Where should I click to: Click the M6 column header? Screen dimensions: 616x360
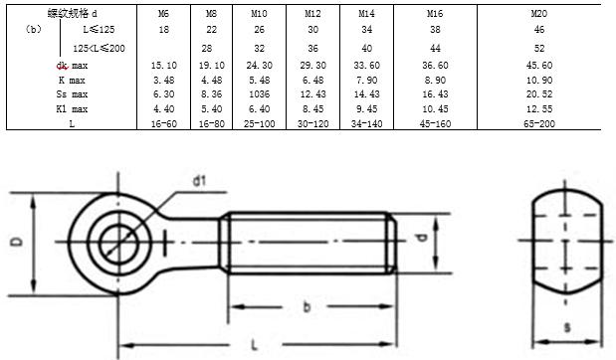point(163,14)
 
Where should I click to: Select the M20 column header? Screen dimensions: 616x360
point(539,14)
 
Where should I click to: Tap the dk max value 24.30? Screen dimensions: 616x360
point(259,66)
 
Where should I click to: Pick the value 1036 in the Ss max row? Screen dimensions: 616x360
point(260,94)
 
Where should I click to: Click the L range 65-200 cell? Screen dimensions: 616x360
point(539,124)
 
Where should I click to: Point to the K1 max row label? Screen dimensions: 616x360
point(72,109)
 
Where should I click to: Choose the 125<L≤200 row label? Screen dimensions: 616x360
point(99,49)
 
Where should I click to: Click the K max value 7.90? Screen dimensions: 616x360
point(366,81)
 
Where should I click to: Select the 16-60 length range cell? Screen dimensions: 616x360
point(164,124)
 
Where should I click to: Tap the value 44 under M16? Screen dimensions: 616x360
point(435,49)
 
